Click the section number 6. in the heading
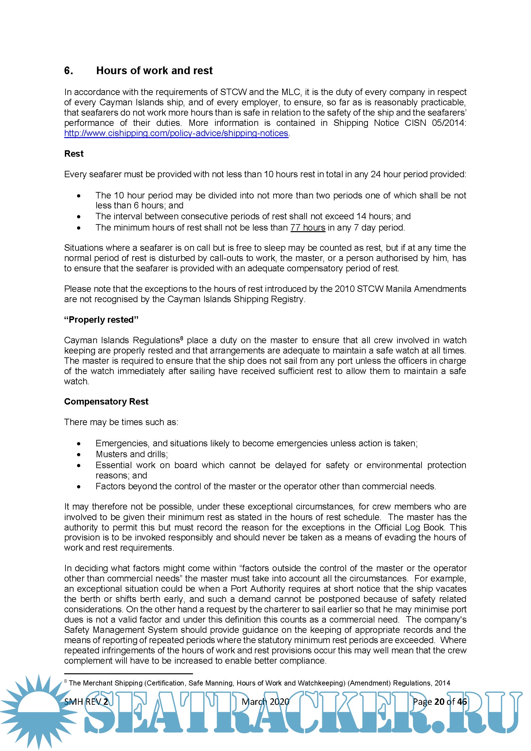pyautogui.click(x=68, y=71)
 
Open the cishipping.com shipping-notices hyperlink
pyautogui.click(x=176, y=133)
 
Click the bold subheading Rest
pyautogui.click(x=74, y=154)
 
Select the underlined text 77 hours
pyautogui.click(x=308, y=227)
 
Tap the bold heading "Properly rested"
pyautogui.click(x=101, y=319)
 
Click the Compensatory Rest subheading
pyautogui.click(x=106, y=401)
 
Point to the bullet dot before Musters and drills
pyautogui.click(x=79, y=455)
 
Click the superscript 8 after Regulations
pyautogui.click(x=181, y=338)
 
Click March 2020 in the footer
pyautogui.click(x=265, y=701)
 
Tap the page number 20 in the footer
pyautogui.click(x=439, y=701)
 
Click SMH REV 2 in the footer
pyautogui.click(x=86, y=701)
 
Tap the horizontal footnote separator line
pyautogui.click(x=128, y=674)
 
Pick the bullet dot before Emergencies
pyautogui.click(x=79, y=444)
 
